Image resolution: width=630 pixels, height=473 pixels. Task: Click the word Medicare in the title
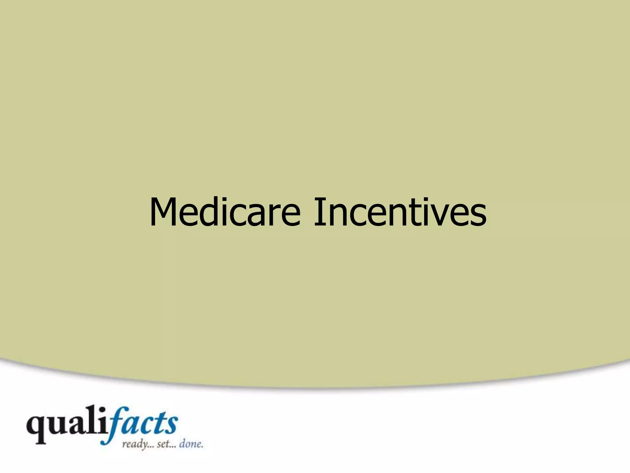tap(225, 212)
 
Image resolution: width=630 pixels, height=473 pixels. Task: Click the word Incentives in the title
tap(400, 212)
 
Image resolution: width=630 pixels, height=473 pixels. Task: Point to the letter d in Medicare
tap(209, 212)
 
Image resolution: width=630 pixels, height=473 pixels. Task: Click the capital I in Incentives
tap(317, 212)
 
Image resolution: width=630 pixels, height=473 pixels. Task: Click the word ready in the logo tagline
tap(134, 445)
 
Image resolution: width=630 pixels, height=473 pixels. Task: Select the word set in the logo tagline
tap(163, 445)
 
